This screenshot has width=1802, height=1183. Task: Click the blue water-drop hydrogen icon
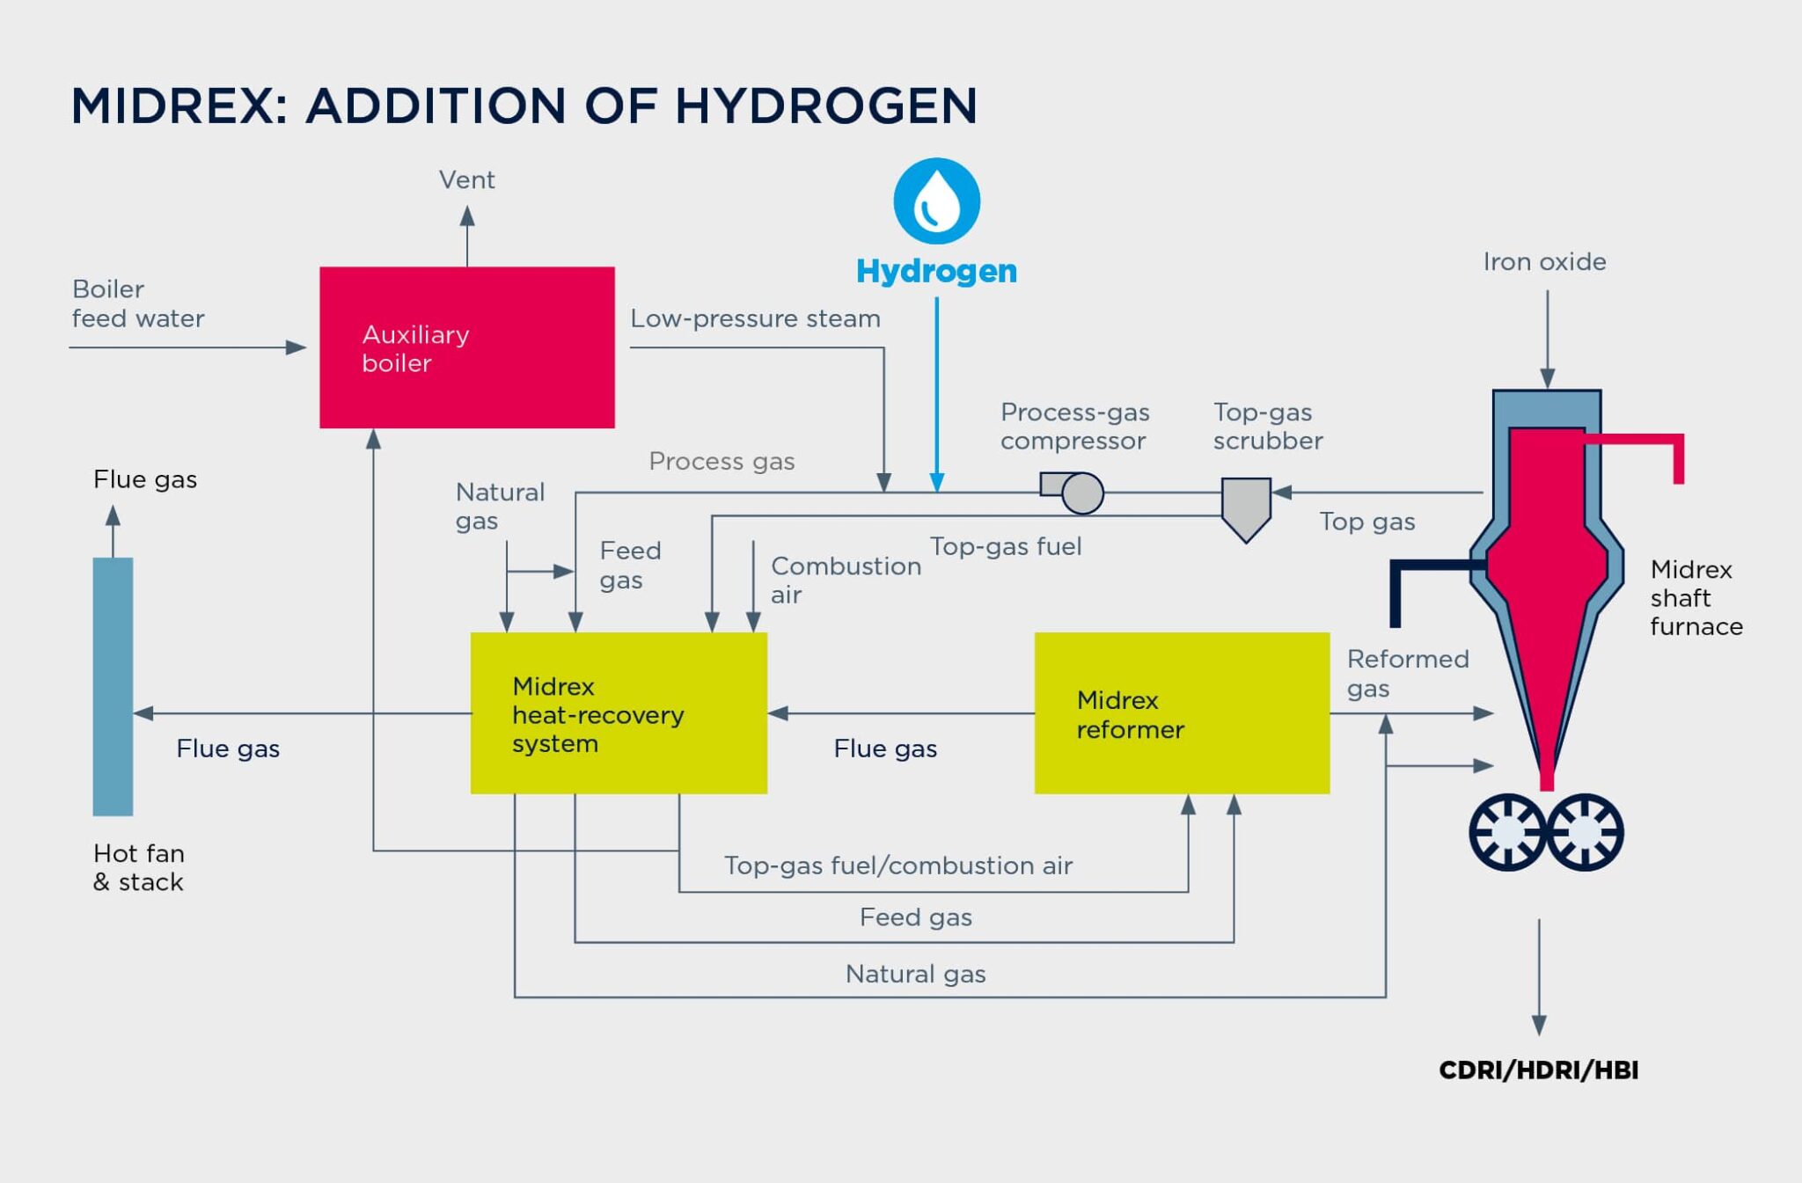click(x=936, y=201)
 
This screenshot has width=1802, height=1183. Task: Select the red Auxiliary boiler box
click(x=466, y=347)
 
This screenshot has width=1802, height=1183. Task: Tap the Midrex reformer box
click(x=1182, y=713)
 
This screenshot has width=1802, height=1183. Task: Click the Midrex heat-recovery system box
click(x=619, y=713)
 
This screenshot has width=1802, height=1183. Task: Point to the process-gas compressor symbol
click(x=1073, y=492)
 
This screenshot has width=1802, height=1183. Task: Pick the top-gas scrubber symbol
click(x=1246, y=509)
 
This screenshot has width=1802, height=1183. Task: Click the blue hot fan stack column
click(x=113, y=686)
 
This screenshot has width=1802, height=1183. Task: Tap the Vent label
click(x=466, y=179)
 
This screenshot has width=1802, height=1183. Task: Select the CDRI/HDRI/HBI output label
click(x=1538, y=1070)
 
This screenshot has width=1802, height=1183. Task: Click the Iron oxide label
click(x=1544, y=261)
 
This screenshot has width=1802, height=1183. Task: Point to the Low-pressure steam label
click(x=755, y=318)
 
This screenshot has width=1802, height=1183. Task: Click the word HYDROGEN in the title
click(x=826, y=106)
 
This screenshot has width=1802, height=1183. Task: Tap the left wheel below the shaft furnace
click(x=1507, y=832)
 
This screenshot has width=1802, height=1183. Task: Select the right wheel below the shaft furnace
click(x=1585, y=832)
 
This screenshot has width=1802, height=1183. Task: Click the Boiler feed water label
click(x=138, y=303)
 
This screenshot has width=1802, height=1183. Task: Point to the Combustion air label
click(x=846, y=580)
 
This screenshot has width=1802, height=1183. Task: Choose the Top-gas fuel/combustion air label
click(x=898, y=865)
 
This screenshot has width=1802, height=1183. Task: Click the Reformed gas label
click(x=1408, y=673)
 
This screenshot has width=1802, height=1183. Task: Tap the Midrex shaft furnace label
click(x=1696, y=598)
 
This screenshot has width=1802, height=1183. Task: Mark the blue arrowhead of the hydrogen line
click(x=936, y=482)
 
